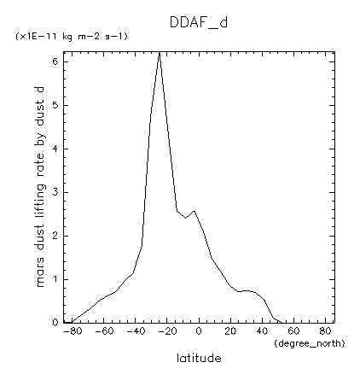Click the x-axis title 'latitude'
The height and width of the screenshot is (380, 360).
coord(199,358)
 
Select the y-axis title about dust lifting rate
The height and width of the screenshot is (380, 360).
coord(39,187)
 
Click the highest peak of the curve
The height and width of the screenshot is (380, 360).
coord(160,53)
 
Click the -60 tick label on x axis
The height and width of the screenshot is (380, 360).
coord(102,331)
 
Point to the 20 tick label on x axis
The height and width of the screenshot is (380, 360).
coord(231,331)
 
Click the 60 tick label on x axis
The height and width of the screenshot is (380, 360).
coord(295,331)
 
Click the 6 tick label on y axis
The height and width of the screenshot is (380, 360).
coord(55,61)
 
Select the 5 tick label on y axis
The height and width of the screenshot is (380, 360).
coord(55,105)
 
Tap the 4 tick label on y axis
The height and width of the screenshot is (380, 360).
coord(55,149)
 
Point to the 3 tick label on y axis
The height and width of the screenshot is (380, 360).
coord(55,192)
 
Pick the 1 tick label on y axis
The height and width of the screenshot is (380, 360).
coord(55,279)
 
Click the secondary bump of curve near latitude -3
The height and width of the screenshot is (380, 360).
coord(194,211)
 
